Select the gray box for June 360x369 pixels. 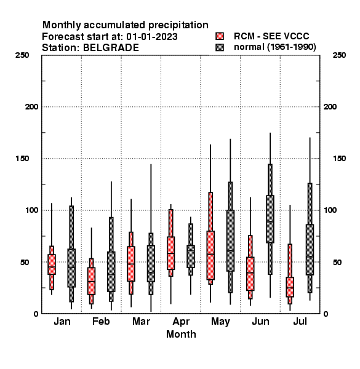[x=270, y=219]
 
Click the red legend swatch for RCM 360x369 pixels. [x=220, y=36]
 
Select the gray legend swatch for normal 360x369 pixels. [x=220, y=47]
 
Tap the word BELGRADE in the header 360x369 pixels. [x=111, y=48]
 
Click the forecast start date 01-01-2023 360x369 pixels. [x=152, y=37]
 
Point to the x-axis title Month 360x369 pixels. [x=181, y=334]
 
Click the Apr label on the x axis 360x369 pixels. [x=181, y=322]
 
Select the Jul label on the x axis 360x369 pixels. [x=300, y=322]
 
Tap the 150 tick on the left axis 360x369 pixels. [x=22, y=159]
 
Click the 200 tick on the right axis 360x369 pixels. [x=330, y=107]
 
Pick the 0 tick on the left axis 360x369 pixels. [x=36, y=314]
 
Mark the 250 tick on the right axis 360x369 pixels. [x=339, y=55]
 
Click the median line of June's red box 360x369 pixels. [x=250, y=272]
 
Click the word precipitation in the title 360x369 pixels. [x=178, y=25]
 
